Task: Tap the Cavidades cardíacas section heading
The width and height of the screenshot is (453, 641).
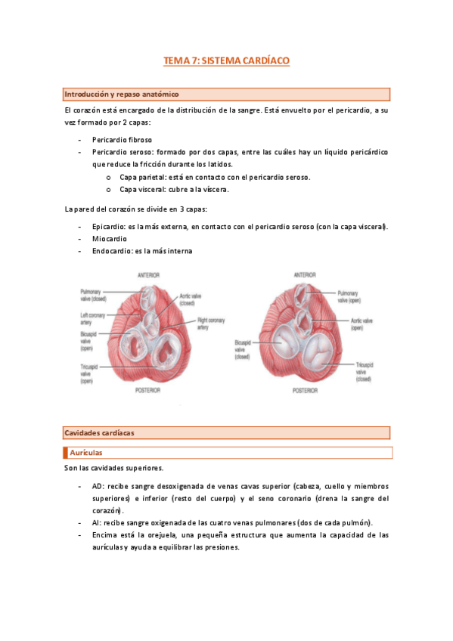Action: coord(99,432)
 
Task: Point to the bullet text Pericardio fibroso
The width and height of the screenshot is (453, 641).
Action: coord(122,140)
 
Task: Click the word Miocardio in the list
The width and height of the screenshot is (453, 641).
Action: coord(110,238)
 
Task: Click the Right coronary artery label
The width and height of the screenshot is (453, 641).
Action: coord(207,324)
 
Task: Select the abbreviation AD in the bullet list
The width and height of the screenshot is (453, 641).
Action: coord(97,487)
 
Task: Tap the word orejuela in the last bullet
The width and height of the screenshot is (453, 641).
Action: coord(163,534)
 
